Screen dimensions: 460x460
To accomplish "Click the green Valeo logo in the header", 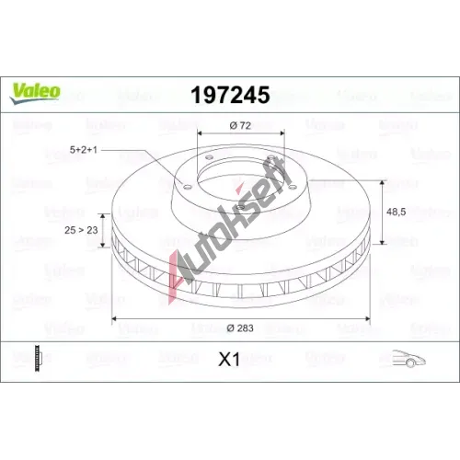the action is (35, 94).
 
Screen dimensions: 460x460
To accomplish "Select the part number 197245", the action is (230, 95).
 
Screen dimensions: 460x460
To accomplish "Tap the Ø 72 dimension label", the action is (240, 125).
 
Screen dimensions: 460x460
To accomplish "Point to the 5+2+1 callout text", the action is (84, 150).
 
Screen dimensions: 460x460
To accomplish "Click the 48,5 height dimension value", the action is (397, 212).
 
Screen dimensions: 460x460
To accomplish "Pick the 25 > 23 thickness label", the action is (81, 230).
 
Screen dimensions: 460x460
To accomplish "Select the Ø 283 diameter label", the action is (240, 328).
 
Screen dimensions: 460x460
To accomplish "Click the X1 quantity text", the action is (229, 359).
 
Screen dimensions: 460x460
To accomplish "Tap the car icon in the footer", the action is (408, 358).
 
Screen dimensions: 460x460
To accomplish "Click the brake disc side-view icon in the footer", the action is (38, 358).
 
